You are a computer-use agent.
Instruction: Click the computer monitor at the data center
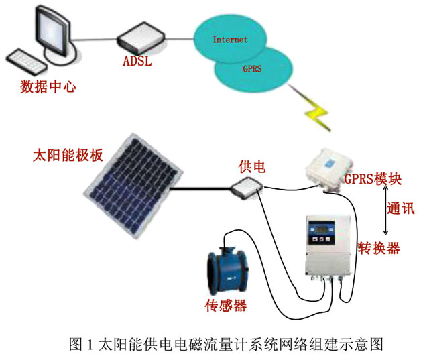tap(50, 31)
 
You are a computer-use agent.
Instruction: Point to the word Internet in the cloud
tap(230, 40)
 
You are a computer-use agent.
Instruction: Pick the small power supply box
tap(246, 188)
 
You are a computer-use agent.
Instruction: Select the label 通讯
tap(400, 208)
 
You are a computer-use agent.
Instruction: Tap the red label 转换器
tap(379, 248)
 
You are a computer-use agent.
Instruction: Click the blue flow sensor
tap(229, 271)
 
